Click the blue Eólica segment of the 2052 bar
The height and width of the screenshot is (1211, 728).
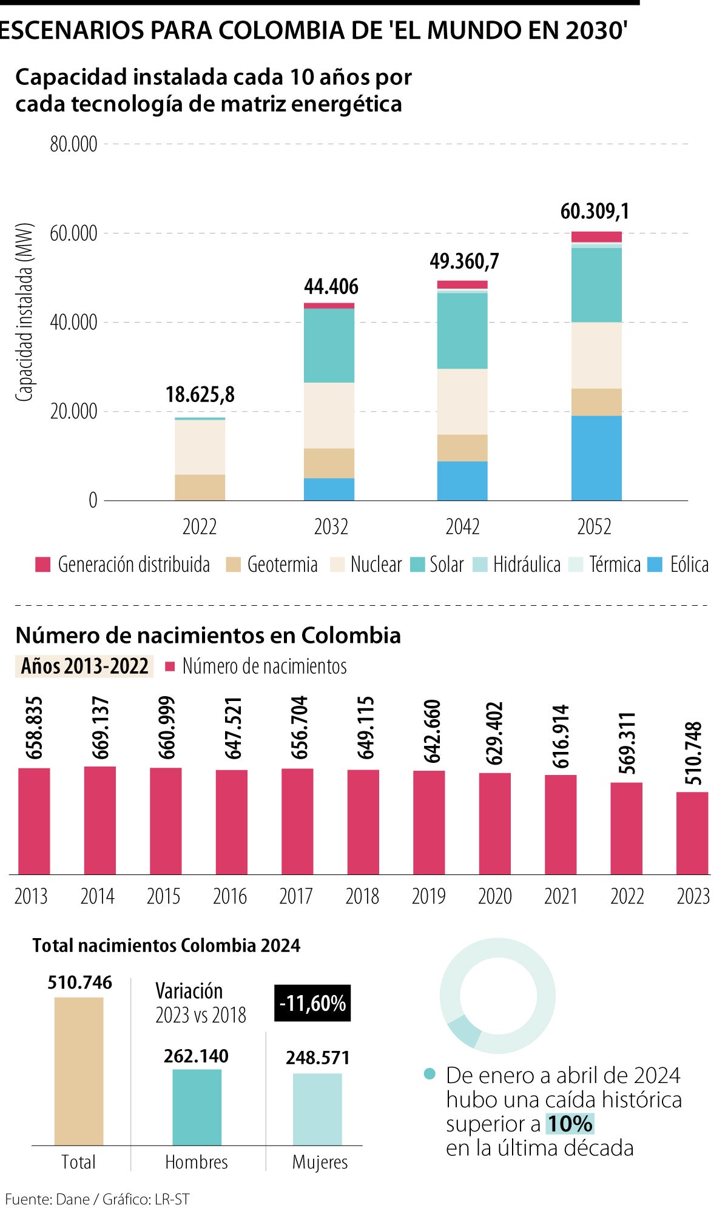pos(596,458)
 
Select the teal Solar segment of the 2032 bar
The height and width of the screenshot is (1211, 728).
pos(329,345)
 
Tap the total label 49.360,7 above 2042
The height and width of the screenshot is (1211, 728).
pos(464,261)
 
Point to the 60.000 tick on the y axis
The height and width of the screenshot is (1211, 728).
pos(73,233)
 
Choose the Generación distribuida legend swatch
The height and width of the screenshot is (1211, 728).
pos(42,565)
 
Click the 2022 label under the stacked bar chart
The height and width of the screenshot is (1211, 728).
pos(199,526)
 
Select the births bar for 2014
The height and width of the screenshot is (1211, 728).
pos(99,820)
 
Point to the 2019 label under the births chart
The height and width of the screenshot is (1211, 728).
pos(428,896)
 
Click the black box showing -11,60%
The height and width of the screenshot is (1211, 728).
pos(312,1004)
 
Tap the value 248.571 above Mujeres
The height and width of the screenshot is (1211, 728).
pos(318,1058)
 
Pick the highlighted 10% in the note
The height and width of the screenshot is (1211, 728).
pos(569,1124)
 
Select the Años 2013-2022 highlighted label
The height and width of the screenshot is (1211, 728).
pos(84,666)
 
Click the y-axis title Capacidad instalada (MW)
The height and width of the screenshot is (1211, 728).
pos(24,312)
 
